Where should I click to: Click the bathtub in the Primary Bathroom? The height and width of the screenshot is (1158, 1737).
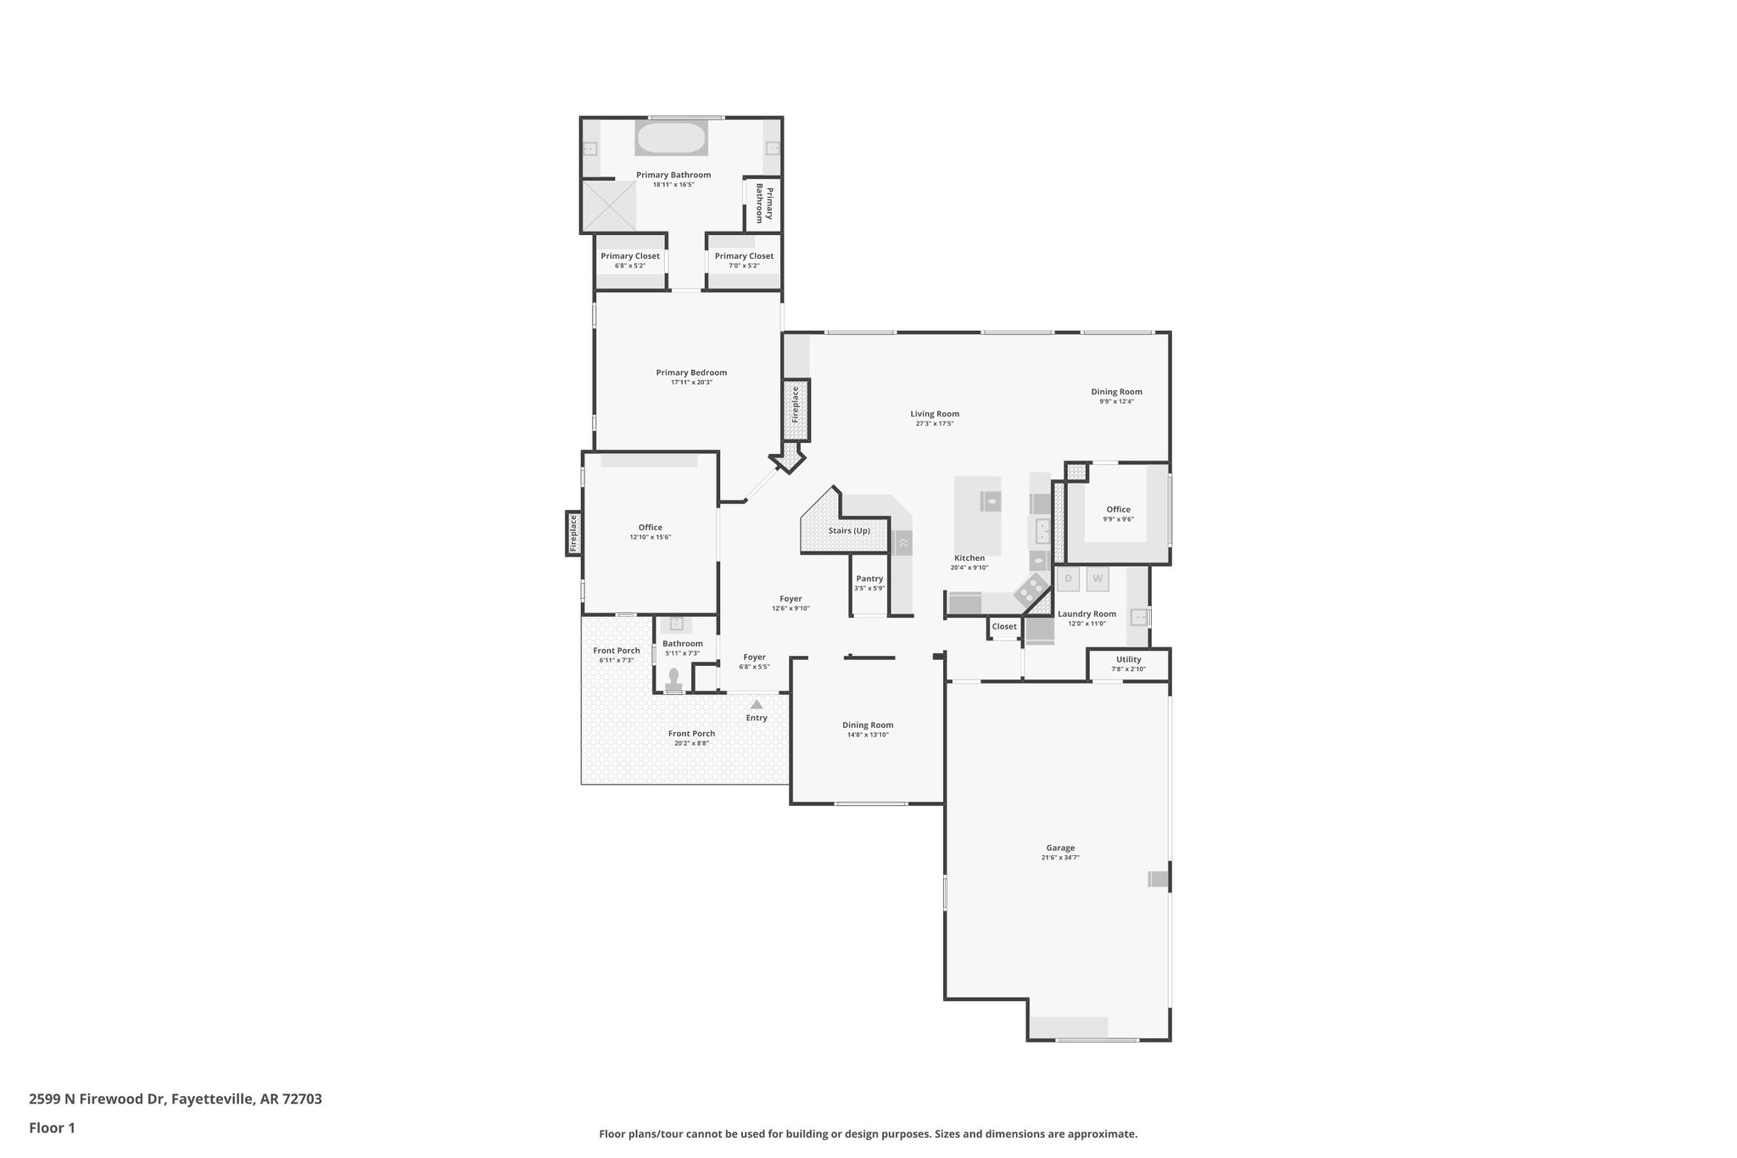671,138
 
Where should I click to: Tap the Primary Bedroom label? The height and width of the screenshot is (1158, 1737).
691,372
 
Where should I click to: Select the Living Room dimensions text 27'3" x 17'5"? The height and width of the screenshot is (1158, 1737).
935,423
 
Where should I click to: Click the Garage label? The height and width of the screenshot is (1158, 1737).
1060,848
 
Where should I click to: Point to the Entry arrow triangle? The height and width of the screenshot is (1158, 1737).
757,704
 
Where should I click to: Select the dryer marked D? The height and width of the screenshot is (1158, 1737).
1068,579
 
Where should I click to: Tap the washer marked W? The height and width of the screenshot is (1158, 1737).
1097,579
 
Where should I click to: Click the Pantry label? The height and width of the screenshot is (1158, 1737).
869,579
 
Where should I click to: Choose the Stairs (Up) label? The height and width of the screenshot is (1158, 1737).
849,531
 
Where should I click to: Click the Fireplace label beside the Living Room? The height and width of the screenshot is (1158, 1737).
796,405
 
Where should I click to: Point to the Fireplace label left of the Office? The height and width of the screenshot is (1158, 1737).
573,534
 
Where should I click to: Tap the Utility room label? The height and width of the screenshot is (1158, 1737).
1128,659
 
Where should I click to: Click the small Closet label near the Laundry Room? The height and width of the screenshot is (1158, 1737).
1004,627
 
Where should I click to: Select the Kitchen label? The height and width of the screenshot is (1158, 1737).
969,558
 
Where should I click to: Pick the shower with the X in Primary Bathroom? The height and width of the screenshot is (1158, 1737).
608,204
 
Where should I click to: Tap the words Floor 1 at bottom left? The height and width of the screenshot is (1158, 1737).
52,1127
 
